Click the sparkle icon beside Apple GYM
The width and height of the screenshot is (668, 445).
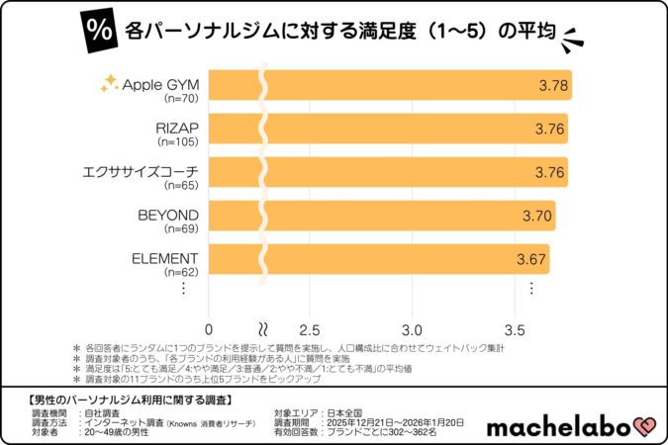(109, 82)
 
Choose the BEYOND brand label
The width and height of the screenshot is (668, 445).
(168, 215)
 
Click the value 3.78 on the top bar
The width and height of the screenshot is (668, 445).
(553, 86)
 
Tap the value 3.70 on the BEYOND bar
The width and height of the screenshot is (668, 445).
(536, 216)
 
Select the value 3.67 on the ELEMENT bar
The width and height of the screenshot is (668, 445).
(531, 259)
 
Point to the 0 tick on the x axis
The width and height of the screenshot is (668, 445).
(209, 328)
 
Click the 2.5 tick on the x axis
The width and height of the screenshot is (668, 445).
(309, 328)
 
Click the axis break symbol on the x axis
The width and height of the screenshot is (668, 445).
(262, 327)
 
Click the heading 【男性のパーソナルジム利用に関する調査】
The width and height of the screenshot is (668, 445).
(126, 400)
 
